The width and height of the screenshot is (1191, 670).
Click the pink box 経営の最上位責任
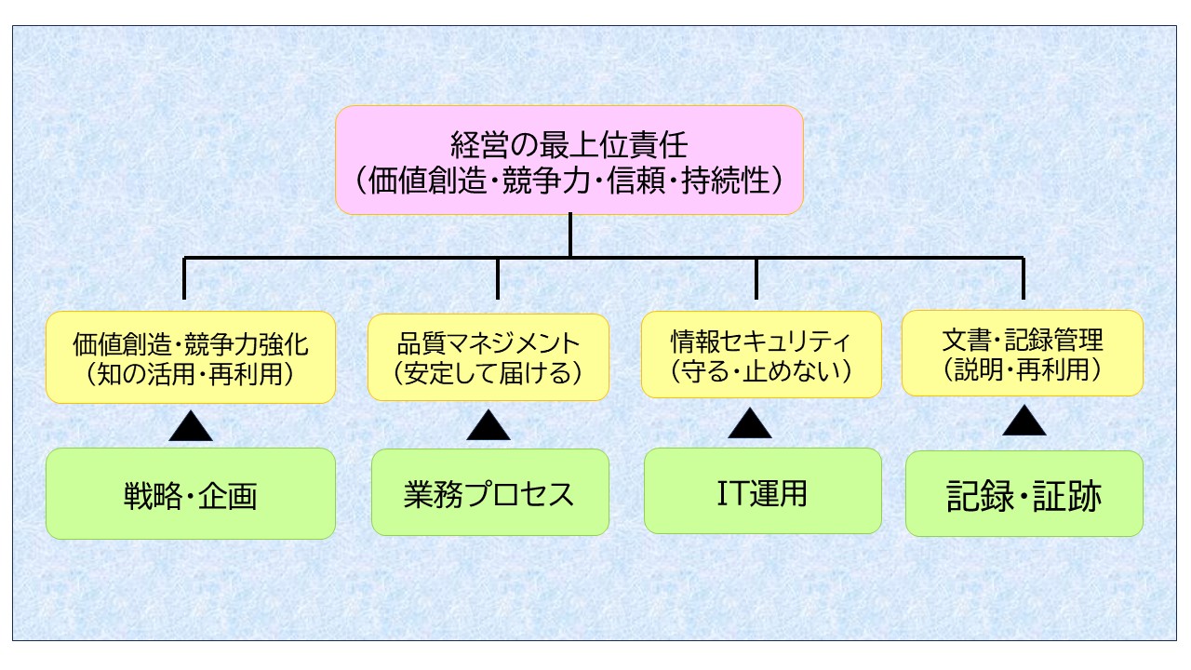[569, 160]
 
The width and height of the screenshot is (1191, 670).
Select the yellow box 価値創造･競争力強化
[190, 357]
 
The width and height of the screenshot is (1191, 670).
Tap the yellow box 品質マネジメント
[488, 357]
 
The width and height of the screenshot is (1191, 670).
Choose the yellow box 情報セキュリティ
[761, 355]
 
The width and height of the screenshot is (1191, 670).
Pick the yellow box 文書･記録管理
[1023, 354]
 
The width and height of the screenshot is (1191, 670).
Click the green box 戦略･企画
[190, 493]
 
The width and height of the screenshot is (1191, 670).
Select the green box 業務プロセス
[489, 492]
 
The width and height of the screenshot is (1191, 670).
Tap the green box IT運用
[762, 491]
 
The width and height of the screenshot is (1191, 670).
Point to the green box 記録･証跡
[1024, 494]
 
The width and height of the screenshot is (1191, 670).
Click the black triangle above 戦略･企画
[190, 428]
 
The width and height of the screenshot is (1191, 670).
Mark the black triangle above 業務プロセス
[488, 426]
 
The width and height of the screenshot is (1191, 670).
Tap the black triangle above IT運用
[750, 424]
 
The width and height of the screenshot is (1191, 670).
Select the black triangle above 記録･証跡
[1024, 422]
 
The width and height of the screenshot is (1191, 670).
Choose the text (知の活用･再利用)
[190, 374]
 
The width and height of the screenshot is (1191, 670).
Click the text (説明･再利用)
[1023, 369]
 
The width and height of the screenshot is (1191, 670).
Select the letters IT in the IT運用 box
[729, 492]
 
